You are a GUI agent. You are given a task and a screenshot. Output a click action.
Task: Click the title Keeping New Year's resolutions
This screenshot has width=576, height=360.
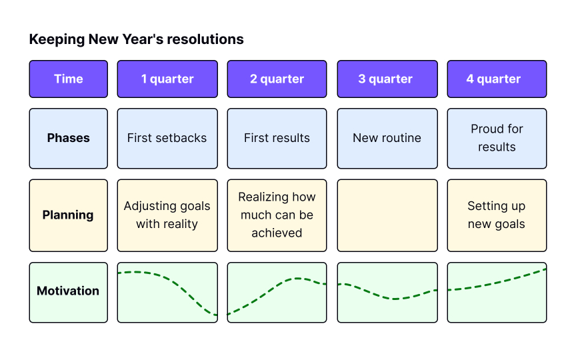(136, 39)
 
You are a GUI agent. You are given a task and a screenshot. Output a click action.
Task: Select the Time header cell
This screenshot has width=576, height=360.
(68, 79)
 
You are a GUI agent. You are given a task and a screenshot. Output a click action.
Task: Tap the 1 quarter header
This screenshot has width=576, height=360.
(167, 79)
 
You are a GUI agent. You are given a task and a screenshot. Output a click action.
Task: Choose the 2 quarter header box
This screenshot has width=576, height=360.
(277, 79)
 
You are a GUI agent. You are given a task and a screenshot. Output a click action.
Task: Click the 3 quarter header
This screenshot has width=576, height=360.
(387, 79)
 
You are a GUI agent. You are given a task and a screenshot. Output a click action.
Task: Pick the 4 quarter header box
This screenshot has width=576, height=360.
(497, 79)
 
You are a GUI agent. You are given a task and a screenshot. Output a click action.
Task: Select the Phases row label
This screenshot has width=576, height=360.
(68, 139)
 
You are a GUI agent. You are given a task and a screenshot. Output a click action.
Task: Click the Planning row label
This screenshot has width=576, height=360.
(68, 215)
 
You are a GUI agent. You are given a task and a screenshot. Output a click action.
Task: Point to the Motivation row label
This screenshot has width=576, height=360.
(68, 293)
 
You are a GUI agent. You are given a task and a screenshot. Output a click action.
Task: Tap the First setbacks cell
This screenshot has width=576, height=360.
(167, 139)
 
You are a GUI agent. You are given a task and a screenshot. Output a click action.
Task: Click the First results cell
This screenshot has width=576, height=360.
(277, 139)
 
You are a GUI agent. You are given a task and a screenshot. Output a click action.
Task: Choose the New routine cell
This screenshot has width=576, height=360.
(387, 139)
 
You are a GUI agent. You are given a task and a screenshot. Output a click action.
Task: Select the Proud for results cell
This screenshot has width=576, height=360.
(497, 139)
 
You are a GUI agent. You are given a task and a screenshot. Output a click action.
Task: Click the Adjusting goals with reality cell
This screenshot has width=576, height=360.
(167, 215)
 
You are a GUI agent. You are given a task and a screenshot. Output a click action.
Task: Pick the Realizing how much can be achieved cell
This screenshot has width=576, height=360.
(277, 215)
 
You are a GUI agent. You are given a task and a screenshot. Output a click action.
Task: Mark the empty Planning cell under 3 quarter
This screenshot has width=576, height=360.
(387, 215)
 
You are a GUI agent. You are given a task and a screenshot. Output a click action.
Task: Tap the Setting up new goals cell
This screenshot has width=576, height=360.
(497, 215)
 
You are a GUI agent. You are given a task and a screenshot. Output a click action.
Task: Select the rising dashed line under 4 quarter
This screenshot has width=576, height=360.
(497, 282)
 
